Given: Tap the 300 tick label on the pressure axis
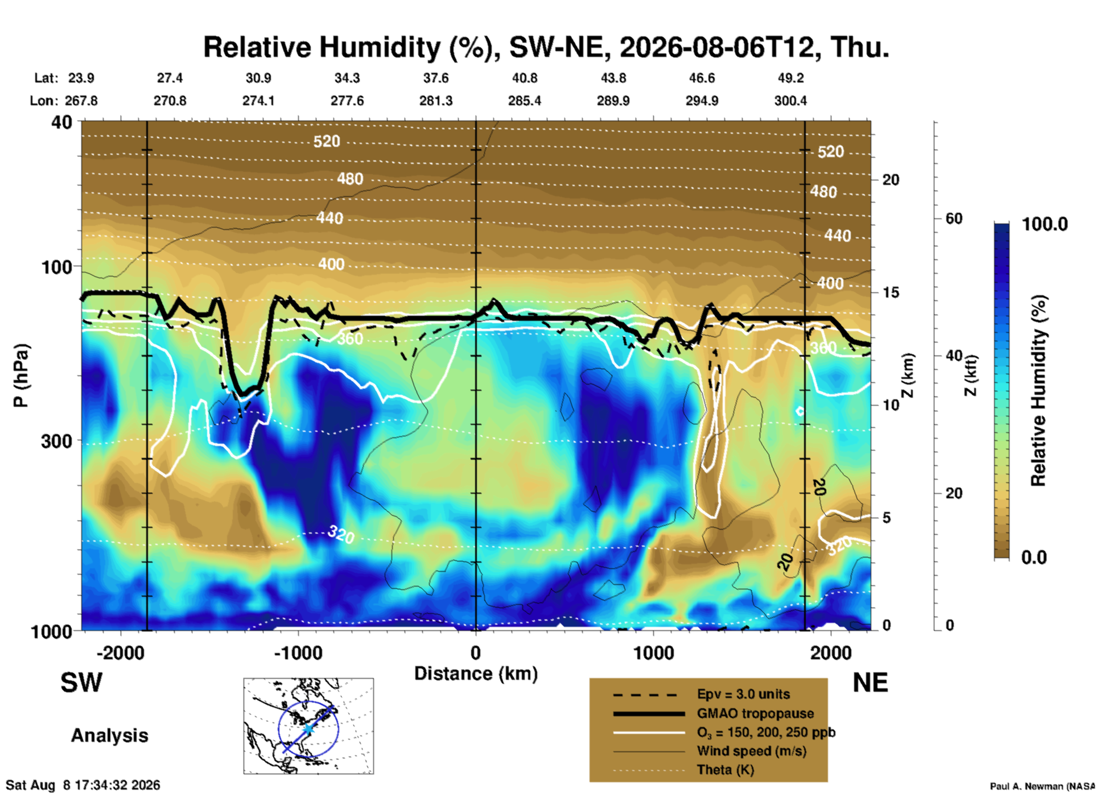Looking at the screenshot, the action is (57, 441).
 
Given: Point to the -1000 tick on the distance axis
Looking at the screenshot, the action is (298, 652).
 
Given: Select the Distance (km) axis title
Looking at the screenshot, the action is (476, 674).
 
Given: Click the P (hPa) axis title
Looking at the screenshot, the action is (20, 375).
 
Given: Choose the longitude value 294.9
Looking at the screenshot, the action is (702, 101).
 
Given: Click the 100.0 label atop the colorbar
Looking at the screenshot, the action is (1045, 224).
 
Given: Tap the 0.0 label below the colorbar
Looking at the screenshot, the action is (1034, 557).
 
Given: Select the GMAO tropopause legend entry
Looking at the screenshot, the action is (755, 713).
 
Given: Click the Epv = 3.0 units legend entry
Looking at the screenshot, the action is (743, 695).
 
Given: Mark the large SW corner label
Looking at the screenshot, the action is (81, 683).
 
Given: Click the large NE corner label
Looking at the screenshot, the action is (870, 683).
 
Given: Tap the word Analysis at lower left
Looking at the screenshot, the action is (109, 736).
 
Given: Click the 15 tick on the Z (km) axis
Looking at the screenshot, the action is (891, 292).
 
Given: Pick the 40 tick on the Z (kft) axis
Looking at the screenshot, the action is (954, 356).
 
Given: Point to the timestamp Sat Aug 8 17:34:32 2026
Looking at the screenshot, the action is (83, 785).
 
